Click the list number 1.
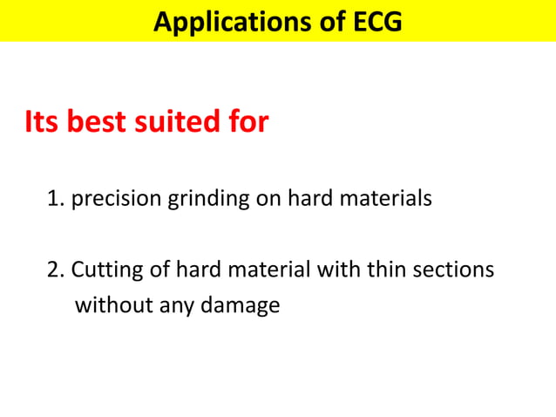[55, 199]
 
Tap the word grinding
[207, 200]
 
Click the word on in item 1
[267, 200]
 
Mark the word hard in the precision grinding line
[306, 199]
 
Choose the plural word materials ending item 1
[384, 199]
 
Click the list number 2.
[55, 270]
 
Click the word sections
[451, 270]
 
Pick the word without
[110, 306]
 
